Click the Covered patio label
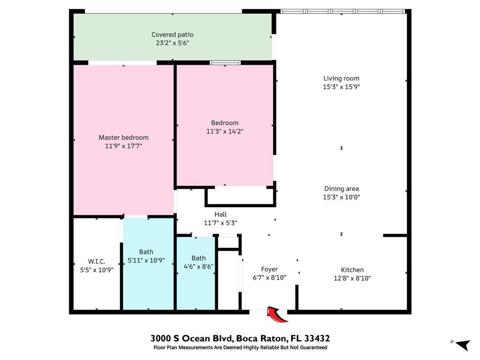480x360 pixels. pos(172,35)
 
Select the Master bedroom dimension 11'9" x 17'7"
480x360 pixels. pos(123,146)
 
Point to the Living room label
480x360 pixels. pos(341,78)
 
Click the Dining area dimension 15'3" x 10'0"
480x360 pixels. pos(341,197)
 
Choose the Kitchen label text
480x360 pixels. pos(352,270)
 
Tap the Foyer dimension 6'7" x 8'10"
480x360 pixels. pos(269,277)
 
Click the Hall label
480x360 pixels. pos(220,215)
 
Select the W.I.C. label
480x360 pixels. pos(97,262)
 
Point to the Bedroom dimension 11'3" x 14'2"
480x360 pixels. pos(225,132)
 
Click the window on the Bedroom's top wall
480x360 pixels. pos(225,63)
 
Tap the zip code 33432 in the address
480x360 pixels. pos(317,338)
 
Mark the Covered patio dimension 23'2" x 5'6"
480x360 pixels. pos(172,43)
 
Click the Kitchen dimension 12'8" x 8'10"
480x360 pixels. pos(352,278)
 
